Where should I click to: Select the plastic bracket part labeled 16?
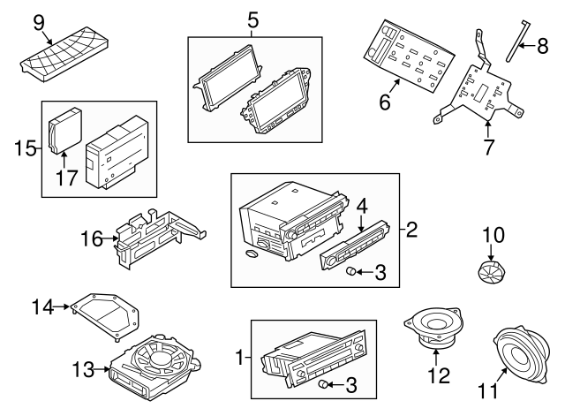(x=154, y=237)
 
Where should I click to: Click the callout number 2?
(x=411, y=231)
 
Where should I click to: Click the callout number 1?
(x=237, y=359)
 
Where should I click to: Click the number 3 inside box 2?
(x=380, y=273)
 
